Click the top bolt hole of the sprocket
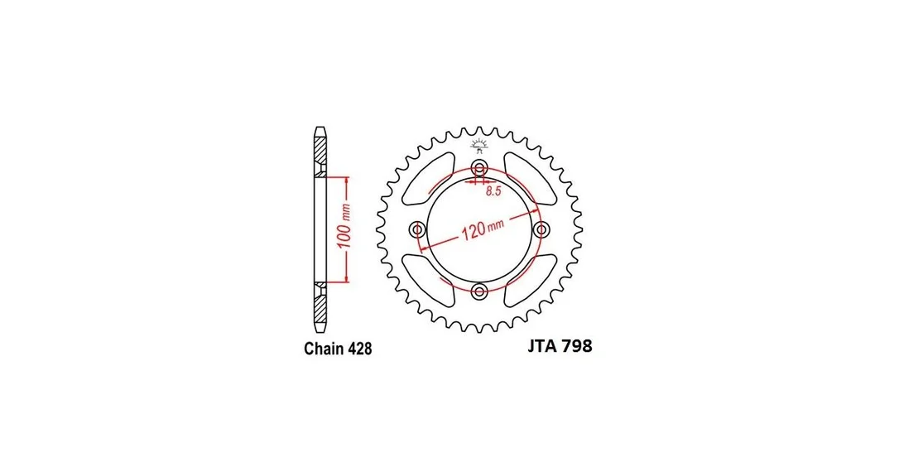click(479, 169)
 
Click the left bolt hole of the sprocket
click(417, 230)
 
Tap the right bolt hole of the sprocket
click(541, 230)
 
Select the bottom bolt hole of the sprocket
click(479, 291)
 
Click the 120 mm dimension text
click(482, 229)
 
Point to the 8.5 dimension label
click(493, 191)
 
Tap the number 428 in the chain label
click(359, 349)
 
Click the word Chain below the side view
click(323, 349)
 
